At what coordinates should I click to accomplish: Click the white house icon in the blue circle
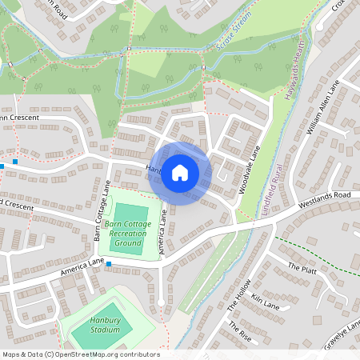click(180, 172)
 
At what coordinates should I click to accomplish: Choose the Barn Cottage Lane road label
click(101, 210)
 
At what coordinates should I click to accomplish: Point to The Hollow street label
click(238, 296)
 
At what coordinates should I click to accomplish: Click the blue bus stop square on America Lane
click(109, 264)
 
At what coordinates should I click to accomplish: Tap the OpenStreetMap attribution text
click(81, 354)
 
